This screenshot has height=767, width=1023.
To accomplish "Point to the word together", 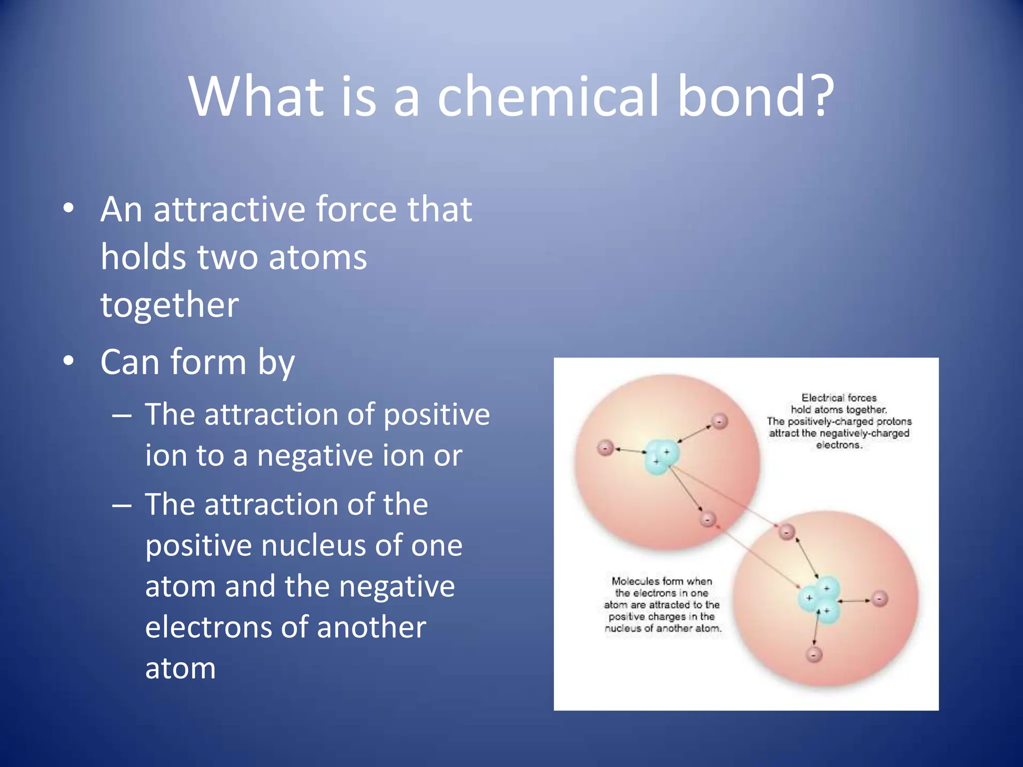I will click(x=169, y=305).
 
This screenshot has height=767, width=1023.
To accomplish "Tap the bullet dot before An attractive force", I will click(x=69, y=208).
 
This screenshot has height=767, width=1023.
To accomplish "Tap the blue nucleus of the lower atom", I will click(x=820, y=602).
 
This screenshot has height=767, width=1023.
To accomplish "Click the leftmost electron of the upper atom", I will click(x=605, y=448).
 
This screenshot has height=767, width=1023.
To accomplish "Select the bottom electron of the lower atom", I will click(x=814, y=655).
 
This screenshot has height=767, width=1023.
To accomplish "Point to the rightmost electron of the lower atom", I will click(x=880, y=598).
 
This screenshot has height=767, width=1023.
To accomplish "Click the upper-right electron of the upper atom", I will click(x=719, y=421).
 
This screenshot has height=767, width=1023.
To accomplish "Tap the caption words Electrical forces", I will click(x=839, y=398).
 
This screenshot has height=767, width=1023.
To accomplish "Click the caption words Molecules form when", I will click(x=662, y=581).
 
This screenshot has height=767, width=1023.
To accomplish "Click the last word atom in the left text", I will click(x=180, y=669).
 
